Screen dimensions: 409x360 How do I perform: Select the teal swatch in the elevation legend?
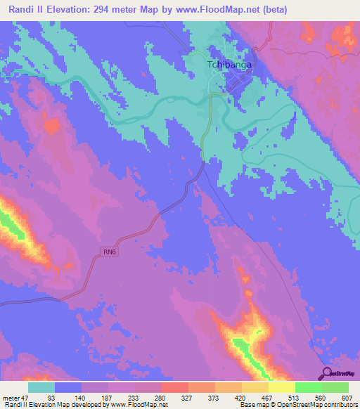41,387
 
